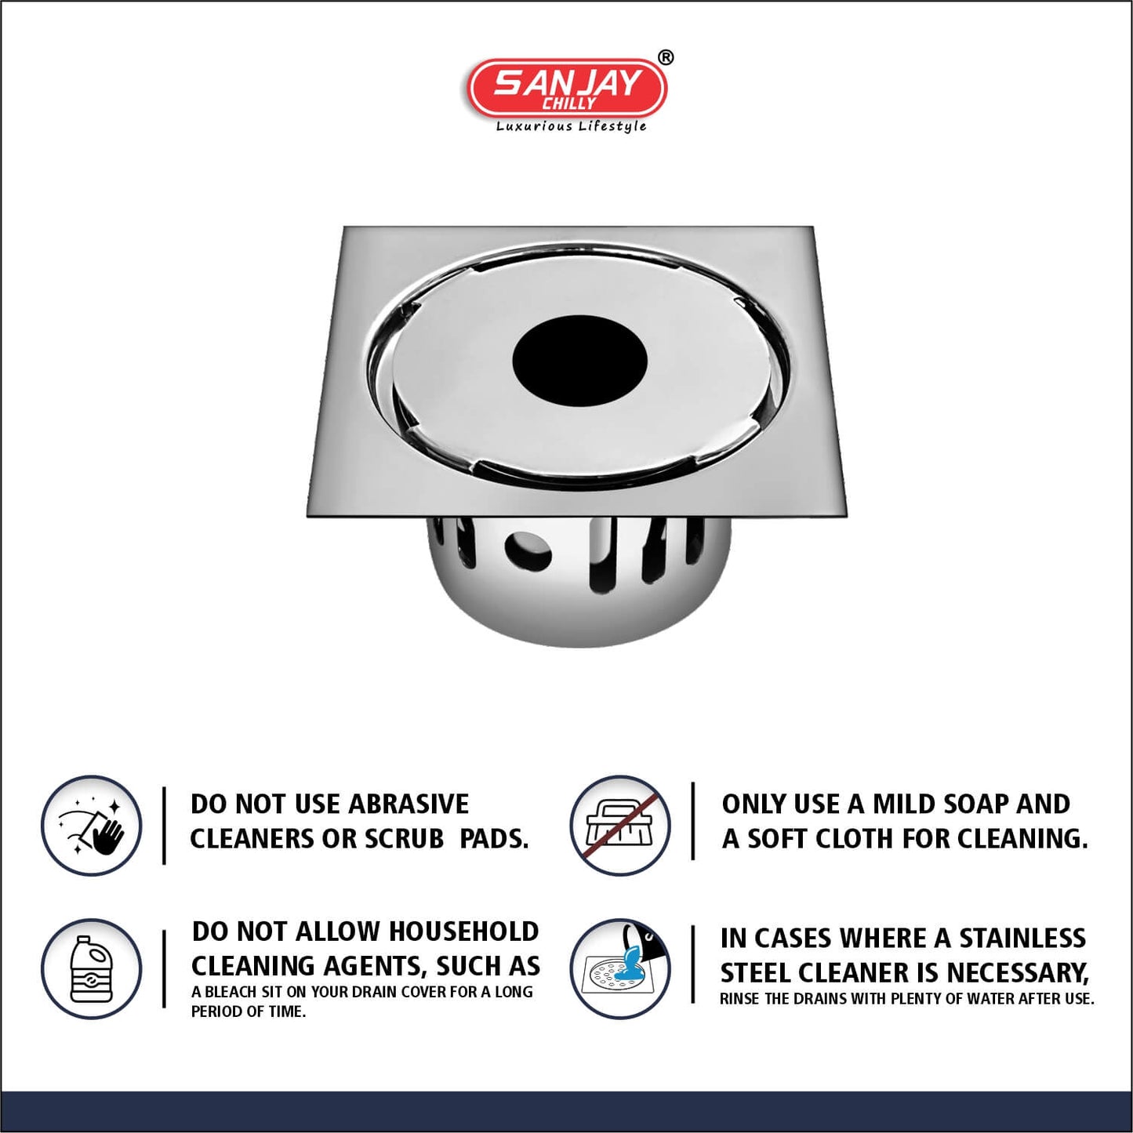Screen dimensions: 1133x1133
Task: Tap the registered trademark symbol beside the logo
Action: point(665,57)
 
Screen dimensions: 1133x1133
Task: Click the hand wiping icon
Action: point(91,825)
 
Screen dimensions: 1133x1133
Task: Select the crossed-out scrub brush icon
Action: point(619,825)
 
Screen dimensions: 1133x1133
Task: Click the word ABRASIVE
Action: point(409,804)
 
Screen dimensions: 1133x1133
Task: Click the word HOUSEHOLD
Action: point(464,931)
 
